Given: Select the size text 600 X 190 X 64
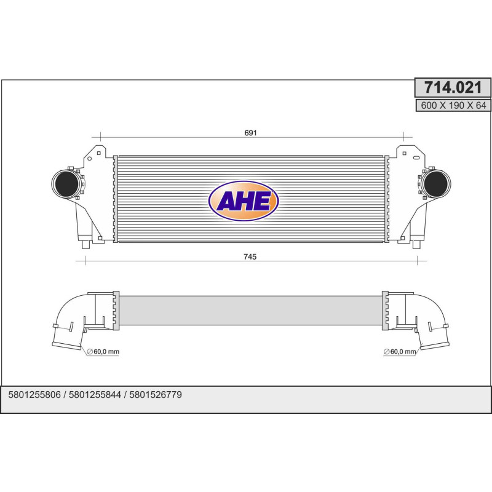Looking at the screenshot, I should pyautogui.click(x=453, y=105).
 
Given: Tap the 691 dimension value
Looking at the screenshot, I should pyautogui.click(x=250, y=133).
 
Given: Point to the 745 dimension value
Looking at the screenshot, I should pyautogui.click(x=250, y=256).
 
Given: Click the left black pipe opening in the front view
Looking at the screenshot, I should pyautogui.click(x=65, y=184).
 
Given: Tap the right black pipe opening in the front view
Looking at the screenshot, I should pyautogui.click(x=437, y=184).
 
